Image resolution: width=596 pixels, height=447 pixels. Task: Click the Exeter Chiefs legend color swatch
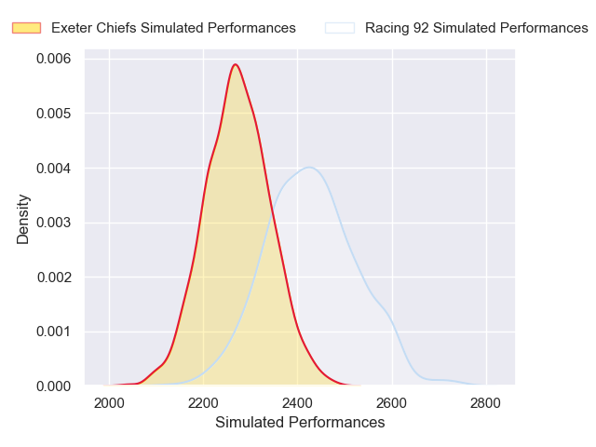(x=27, y=28)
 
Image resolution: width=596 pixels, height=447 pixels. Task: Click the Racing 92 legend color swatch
(x=340, y=28)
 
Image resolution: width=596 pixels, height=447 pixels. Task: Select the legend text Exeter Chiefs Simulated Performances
(x=173, y=28)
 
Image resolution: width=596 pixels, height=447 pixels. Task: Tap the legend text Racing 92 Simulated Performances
(x=476, y=28)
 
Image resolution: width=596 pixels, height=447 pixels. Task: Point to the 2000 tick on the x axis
(x=110, y=403)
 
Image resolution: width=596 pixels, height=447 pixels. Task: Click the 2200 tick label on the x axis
(x=204, y=403)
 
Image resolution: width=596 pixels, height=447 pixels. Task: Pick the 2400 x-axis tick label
(x=298, y=403)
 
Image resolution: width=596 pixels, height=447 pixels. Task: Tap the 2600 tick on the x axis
(x=392, y=403)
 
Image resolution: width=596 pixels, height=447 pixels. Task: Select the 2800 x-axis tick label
(x=486, y=403)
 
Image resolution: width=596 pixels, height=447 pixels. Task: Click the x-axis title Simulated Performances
(x=300, y=423)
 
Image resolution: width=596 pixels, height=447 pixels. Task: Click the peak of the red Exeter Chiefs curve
(x=236, y=64)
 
